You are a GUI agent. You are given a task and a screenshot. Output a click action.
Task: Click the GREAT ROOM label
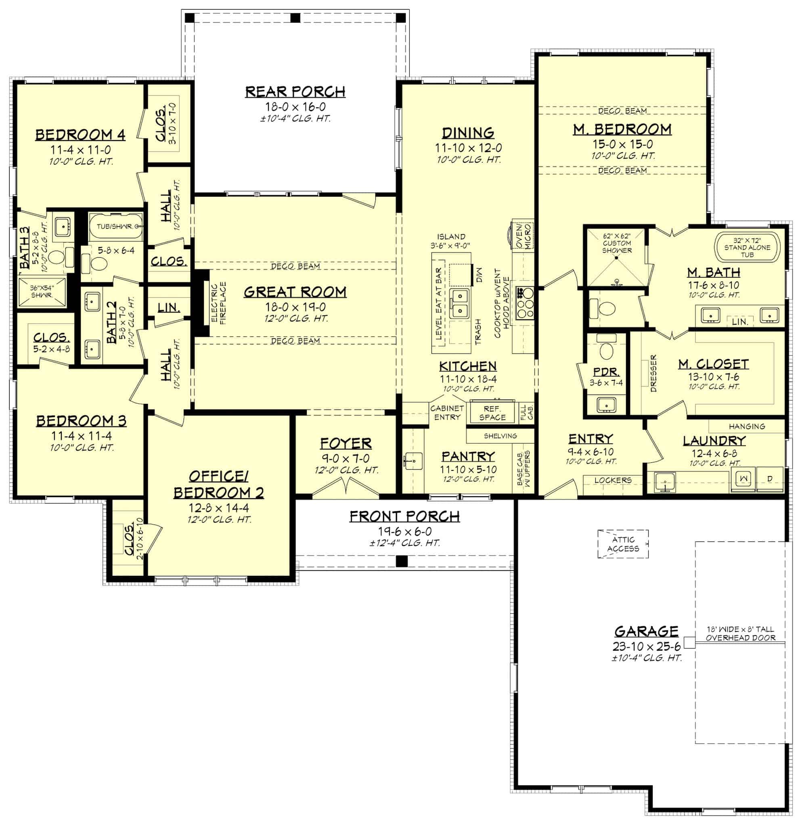[295, 292]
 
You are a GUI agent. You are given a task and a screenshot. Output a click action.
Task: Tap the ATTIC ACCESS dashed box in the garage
[623, 544]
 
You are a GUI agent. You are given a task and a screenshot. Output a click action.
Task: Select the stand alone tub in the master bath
[747, 248]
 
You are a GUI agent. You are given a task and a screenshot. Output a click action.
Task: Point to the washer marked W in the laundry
[743, 479]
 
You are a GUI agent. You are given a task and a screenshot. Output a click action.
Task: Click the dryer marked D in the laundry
[770, 479]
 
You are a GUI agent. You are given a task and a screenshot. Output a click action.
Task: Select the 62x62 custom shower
[616, 257]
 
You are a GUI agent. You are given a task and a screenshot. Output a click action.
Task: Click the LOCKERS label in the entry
[613, 480]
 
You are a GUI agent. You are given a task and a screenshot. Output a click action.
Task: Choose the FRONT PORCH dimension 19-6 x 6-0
[404, 532]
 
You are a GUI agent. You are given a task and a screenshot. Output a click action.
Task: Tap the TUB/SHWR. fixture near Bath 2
[115, 227]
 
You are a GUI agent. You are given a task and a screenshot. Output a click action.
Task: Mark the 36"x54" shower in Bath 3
[42, 291]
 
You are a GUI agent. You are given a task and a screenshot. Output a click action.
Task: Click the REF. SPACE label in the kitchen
[492, 413]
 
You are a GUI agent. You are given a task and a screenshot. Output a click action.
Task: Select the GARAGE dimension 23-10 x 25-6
[646, 646]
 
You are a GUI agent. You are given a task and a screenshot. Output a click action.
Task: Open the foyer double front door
[346, 486]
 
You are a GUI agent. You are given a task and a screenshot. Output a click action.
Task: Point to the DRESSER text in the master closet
[653, 374]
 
